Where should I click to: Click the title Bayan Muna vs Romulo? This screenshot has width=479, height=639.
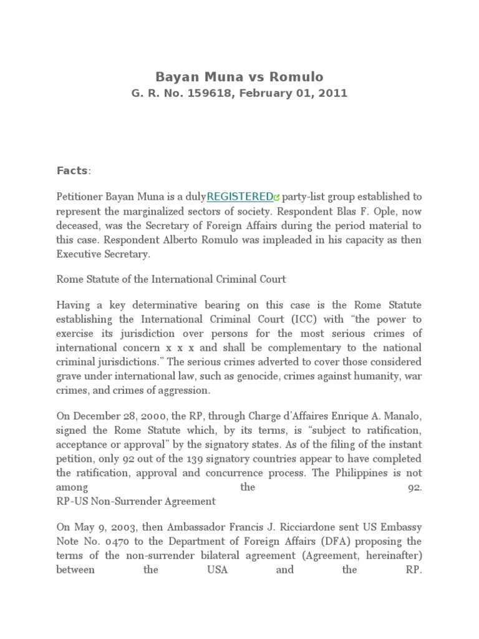pyautogui.click(x=239, y=77)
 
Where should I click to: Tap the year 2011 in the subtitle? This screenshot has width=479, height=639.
pyautogui.click(x=331, y=94)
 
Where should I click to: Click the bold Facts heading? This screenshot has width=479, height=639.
pyautogui.click(x=73, y=170)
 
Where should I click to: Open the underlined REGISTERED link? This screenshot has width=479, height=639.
pyautogui.click(x=239, y=197)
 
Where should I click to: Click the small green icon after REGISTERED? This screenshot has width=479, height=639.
pyautogui.click(x=277, y=198)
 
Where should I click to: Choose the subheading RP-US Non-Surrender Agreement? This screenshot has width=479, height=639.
pyautogui.click(x=136, y=501)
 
